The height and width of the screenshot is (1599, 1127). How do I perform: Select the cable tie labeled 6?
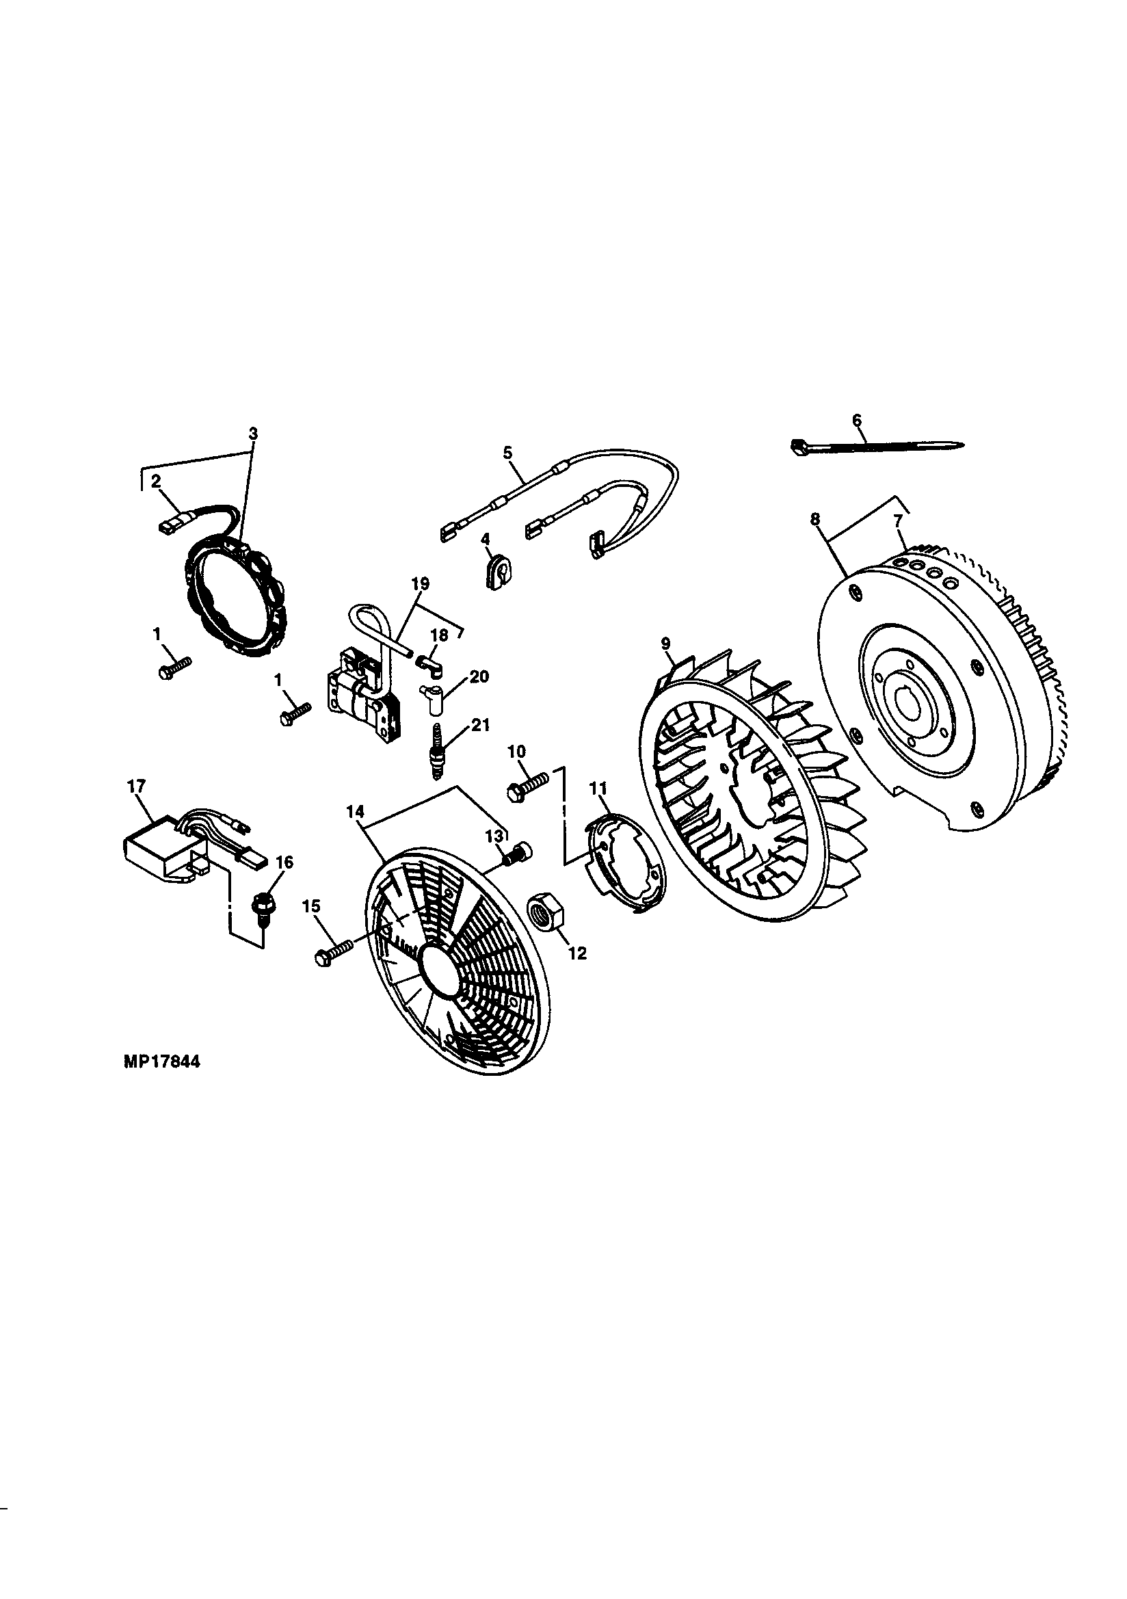tap(877, 446)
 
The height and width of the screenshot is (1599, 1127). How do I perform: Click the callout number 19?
tap(420, 583)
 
